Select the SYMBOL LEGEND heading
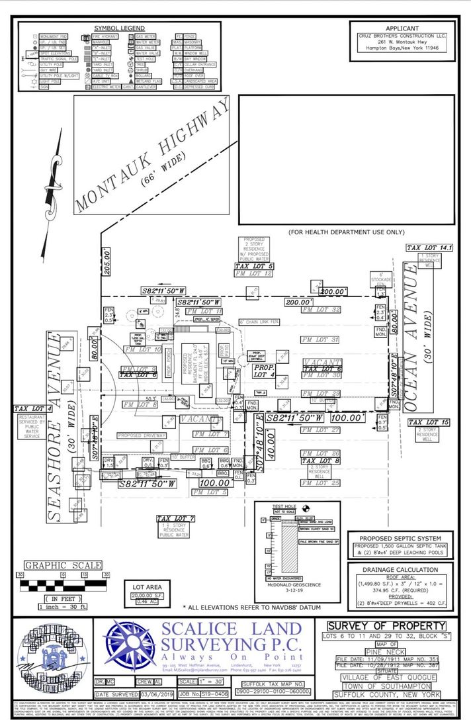point(119,28)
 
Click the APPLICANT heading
point(402,28)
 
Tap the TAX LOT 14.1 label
point(430,247)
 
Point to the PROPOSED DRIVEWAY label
point(145,435)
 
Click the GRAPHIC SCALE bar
point(62,586)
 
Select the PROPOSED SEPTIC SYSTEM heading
point(401,538)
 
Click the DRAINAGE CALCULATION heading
point(400,569)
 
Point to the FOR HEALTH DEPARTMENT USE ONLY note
point(346,232)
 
